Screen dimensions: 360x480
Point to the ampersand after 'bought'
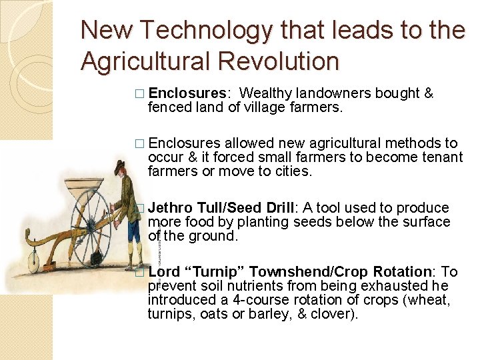pyautogui.click(x=429, y=93)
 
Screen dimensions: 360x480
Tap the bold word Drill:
pyautogui.click(x=278, y=208)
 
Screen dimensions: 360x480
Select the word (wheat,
pyautogui.click(x=429, y=300)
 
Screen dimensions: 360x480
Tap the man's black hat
pyautogui.click(x=121, y=164)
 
